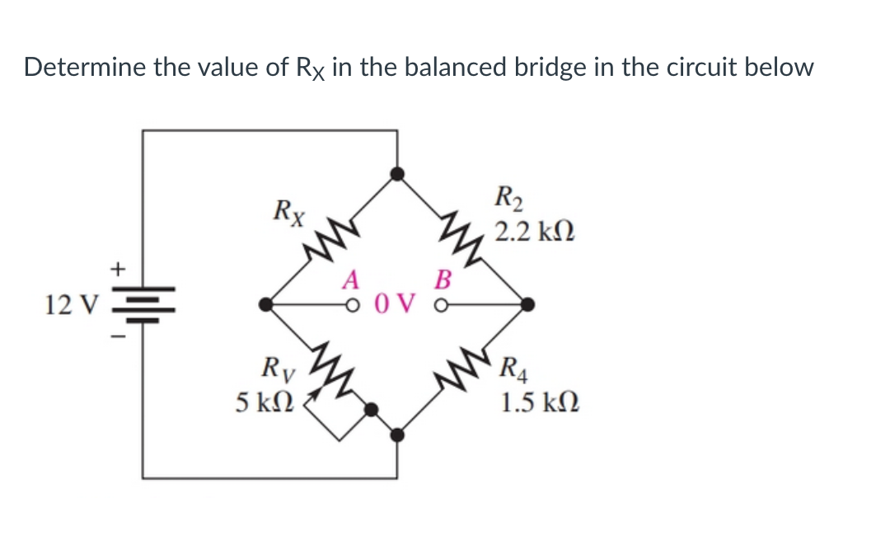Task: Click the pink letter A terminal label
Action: [x=352, y=281]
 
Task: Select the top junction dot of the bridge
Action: [x=397, y=173]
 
